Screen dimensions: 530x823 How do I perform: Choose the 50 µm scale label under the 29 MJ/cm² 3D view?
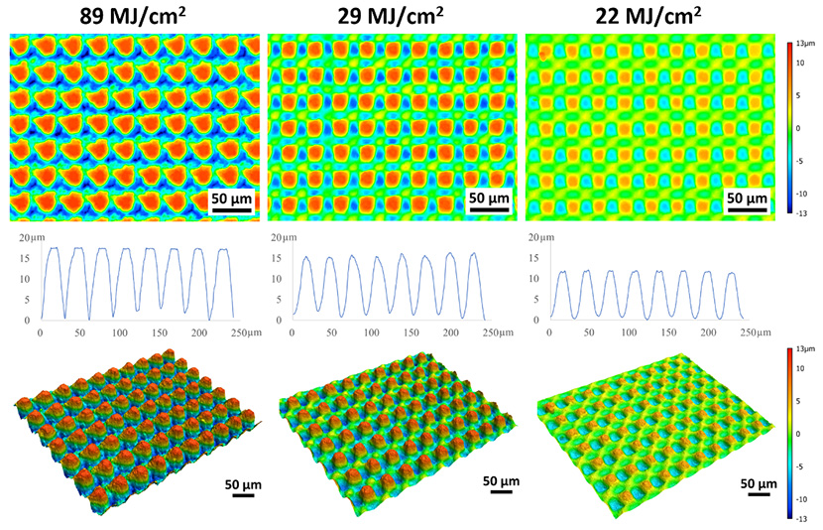[x=501, y=480]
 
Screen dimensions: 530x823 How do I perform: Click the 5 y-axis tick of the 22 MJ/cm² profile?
[x=544, y=300]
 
